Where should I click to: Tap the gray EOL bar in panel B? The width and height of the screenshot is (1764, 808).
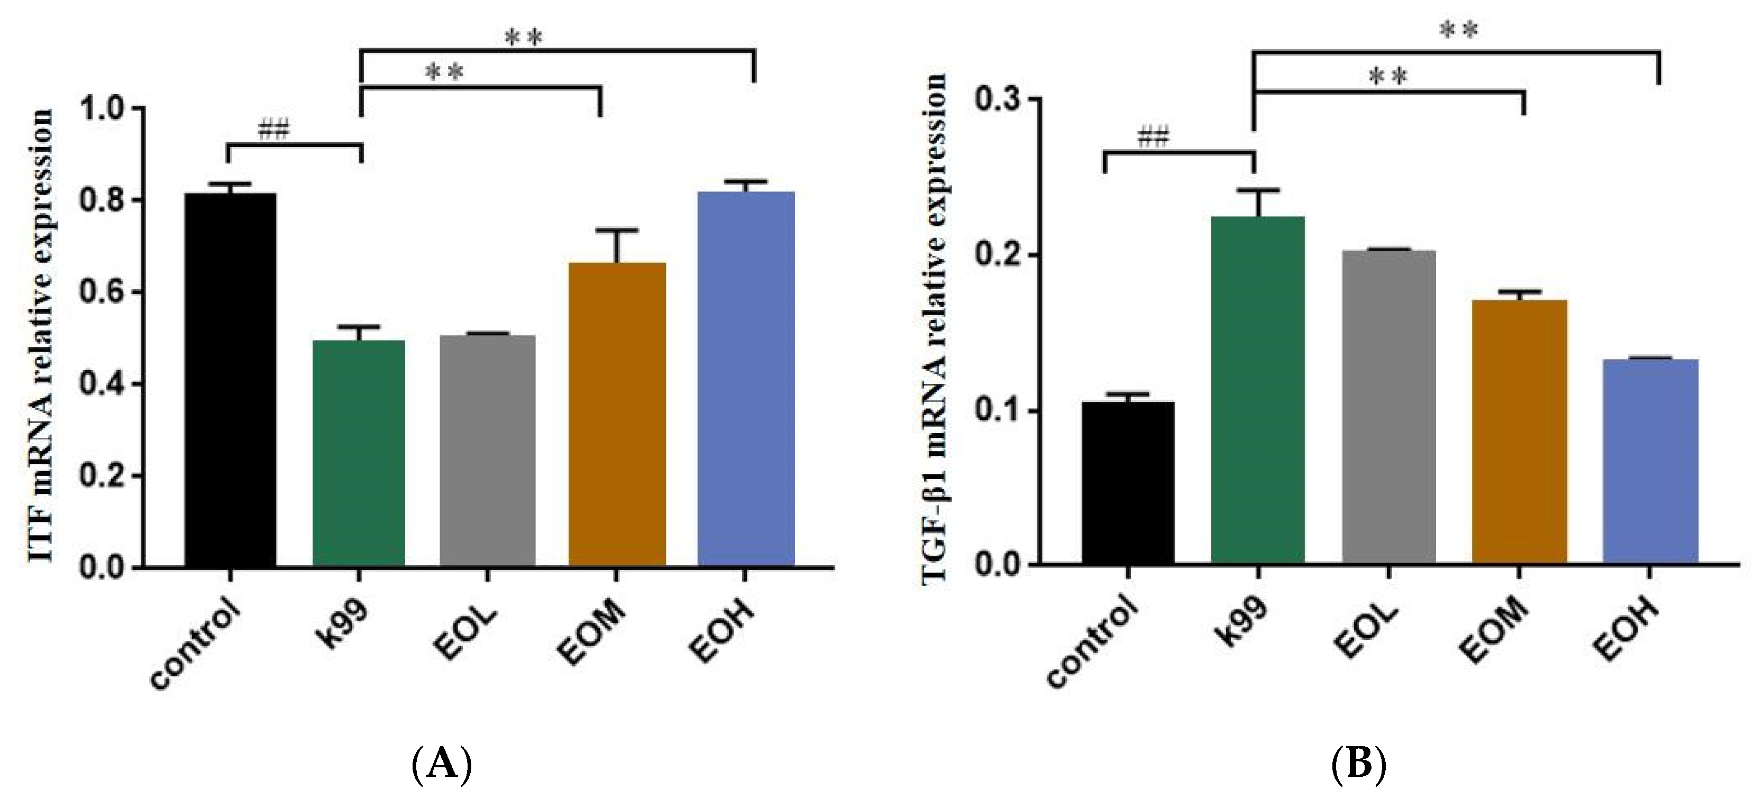tap(1389, 407)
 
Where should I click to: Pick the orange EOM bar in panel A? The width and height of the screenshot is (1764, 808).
tap(617, 414)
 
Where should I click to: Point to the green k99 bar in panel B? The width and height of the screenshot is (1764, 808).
tap(1257, 390)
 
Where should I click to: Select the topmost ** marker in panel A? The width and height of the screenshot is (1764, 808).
tap(523, 38)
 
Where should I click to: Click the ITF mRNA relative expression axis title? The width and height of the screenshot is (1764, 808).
tap(41, 336)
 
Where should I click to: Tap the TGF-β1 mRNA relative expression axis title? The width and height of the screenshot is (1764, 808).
tap(934, 329)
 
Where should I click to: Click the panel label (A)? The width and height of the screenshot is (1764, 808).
tap(442, 764)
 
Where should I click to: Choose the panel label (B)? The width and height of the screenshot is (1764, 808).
tap(1359, 764)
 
